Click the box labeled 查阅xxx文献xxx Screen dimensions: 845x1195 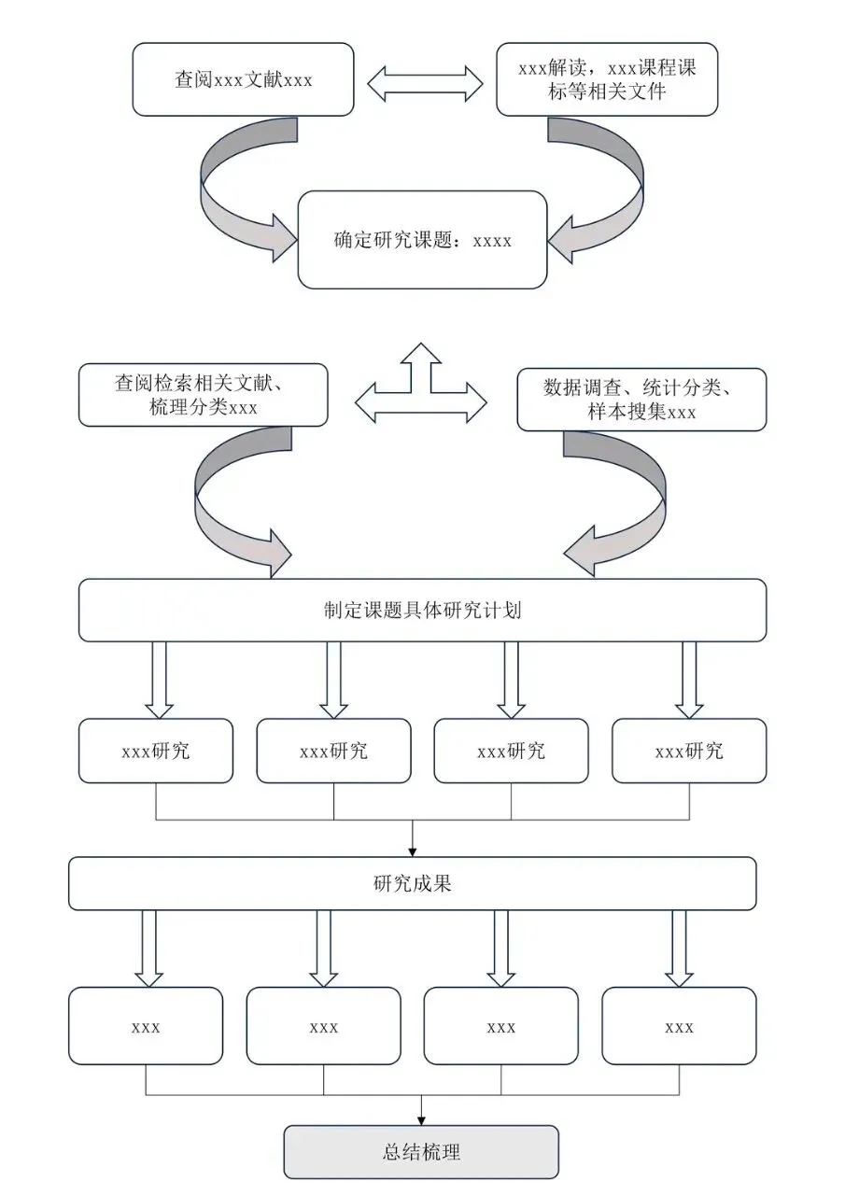click(243, 79)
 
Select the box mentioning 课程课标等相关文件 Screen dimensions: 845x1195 click(607, 79)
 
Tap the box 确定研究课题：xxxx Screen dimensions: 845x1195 click(422, 240)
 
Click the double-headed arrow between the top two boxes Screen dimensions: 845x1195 click(425, 84)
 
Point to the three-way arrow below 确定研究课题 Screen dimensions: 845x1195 click(421, 383)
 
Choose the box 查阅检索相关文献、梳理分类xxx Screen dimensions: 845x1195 click(203, 395)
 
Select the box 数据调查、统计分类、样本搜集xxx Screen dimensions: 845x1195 click(641, 400)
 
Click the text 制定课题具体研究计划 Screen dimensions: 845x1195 click(422, 611)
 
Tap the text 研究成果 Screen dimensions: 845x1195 click(413, 884)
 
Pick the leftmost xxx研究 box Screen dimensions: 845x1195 click(156, 752)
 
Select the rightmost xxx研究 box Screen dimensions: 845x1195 click(689, 752)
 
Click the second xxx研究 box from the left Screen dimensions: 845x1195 click(333, 752)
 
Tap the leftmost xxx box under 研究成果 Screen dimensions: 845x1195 click(146, 1026)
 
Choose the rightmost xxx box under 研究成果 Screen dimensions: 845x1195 click(679, 1026)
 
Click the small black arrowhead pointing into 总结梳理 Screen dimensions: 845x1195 click(421, 1121)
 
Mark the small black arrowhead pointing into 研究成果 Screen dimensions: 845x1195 click(413, 852)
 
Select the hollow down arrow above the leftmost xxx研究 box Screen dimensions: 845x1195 click(159, 680)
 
